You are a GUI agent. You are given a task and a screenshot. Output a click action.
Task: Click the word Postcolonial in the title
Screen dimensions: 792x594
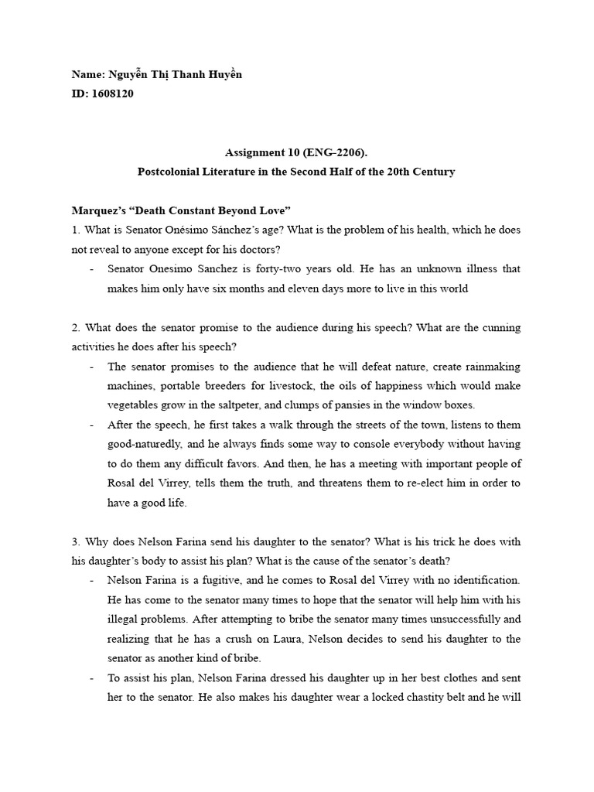click(x=169, y=172)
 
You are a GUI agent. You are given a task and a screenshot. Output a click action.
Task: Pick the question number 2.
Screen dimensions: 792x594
click(x=75, y=327)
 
